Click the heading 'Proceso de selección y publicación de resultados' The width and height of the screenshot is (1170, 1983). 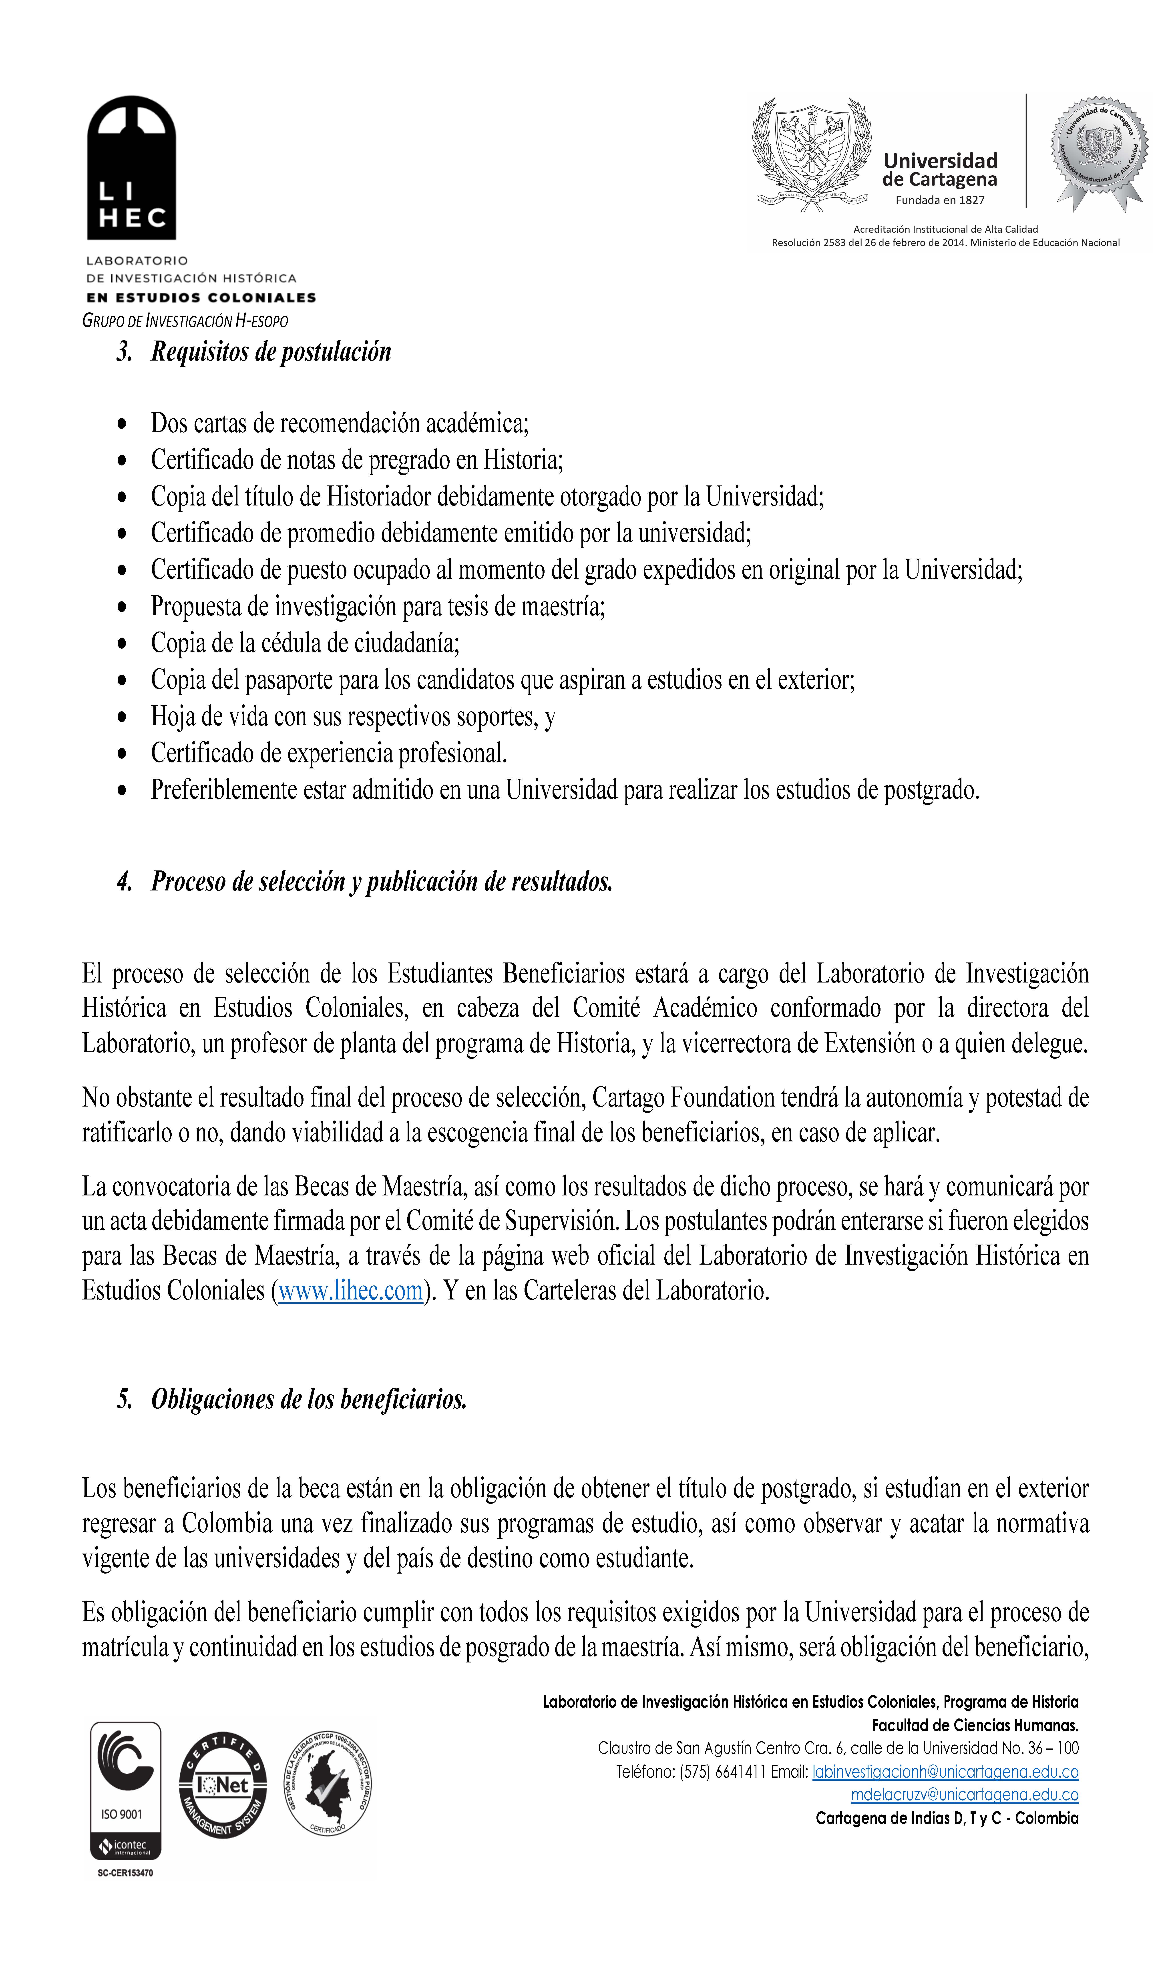pos(382,881)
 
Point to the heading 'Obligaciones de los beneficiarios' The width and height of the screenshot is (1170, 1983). pos(309,1399)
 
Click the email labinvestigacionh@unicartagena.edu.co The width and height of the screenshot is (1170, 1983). pos(945,1772)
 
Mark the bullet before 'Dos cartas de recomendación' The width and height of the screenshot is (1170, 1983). pos(121,424)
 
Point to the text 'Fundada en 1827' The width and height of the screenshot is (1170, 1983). pos(940,200)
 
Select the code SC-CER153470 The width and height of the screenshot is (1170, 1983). pos(125,1873)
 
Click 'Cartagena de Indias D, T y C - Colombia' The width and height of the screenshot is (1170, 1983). pos(947,1818)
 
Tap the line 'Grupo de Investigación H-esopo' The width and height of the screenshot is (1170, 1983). pos(185,321)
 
